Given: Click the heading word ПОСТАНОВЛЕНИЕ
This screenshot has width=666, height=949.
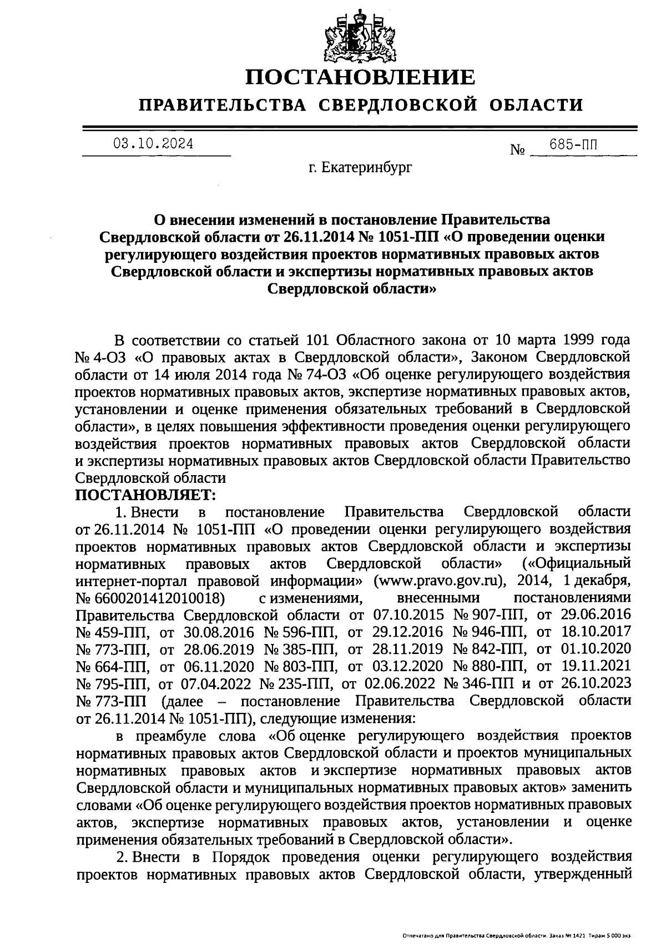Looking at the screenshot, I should [360, 77].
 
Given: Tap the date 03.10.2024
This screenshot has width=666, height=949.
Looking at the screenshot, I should [154, 144].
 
